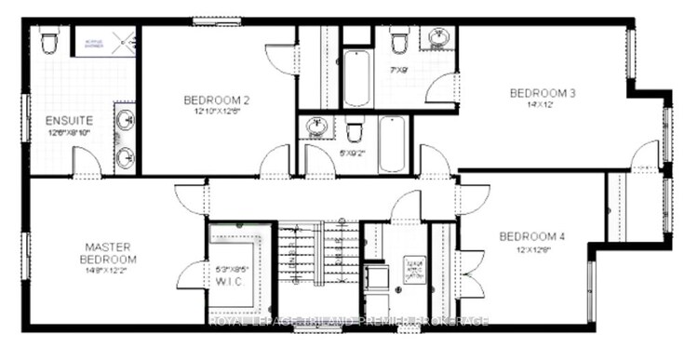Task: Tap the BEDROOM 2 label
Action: pyautogui.click(x=216, y=100)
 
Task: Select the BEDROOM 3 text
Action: pyautogui.click(x=543, y=93)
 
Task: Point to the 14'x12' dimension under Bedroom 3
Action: pyautogui.click(x=543, y=105)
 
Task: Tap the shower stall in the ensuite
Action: pyautogui.click(x=110, y=45)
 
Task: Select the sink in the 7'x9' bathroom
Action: pyautogui.click(x=436, y=39)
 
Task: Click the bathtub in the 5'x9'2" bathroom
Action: pyautogui.click(x=392, y=143)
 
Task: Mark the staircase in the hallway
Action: pyautogui.click(x=319, y=266)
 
